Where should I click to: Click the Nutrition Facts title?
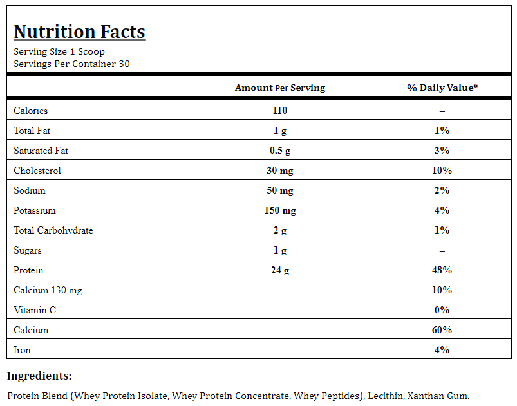pos(79,32)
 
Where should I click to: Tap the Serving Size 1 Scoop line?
pos(59,51)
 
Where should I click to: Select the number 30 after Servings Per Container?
pos(124,64)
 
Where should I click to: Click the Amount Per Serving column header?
pos(280,88)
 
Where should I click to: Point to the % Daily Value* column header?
pos(442,88)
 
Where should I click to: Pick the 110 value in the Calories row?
pos(280,111)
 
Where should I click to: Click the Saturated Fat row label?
pos(41,151)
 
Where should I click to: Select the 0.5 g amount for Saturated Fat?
pos(280,151)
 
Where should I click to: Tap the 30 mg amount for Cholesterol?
pos(280,171)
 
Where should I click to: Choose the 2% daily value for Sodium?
pos(442,190)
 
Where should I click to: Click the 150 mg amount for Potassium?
pos(280,210)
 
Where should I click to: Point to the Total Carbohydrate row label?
pos(53,230)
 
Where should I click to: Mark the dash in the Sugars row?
pos(442,251)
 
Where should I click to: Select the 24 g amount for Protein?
pos(280,270)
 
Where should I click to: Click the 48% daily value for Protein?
pos(442,270)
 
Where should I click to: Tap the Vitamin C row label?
pos(35,310)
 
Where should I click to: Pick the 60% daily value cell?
pos(442,330)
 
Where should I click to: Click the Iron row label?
pos(22,350)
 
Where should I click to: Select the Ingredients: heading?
pos(39,376)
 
